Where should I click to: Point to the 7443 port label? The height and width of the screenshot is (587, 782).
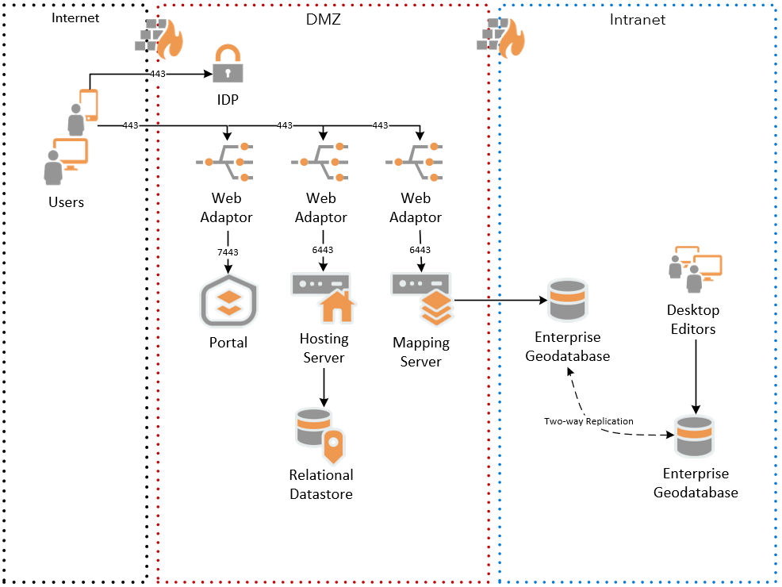(x=228, y=252)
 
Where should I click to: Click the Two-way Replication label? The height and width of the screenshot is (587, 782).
(x=588, y=421)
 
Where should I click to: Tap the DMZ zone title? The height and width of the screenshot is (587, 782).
(x=323, y=19)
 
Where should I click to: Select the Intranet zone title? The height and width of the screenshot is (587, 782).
(x=638, y=20)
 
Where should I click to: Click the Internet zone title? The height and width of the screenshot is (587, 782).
(x=76, y=17)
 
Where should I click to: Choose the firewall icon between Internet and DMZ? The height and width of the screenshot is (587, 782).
(x=159, y=38)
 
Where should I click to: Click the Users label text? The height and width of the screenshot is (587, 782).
(x=66, y=202)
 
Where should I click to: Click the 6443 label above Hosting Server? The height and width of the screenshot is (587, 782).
(x=322, y=250)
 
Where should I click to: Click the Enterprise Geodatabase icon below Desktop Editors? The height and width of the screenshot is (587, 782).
(x=695, y=437)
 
